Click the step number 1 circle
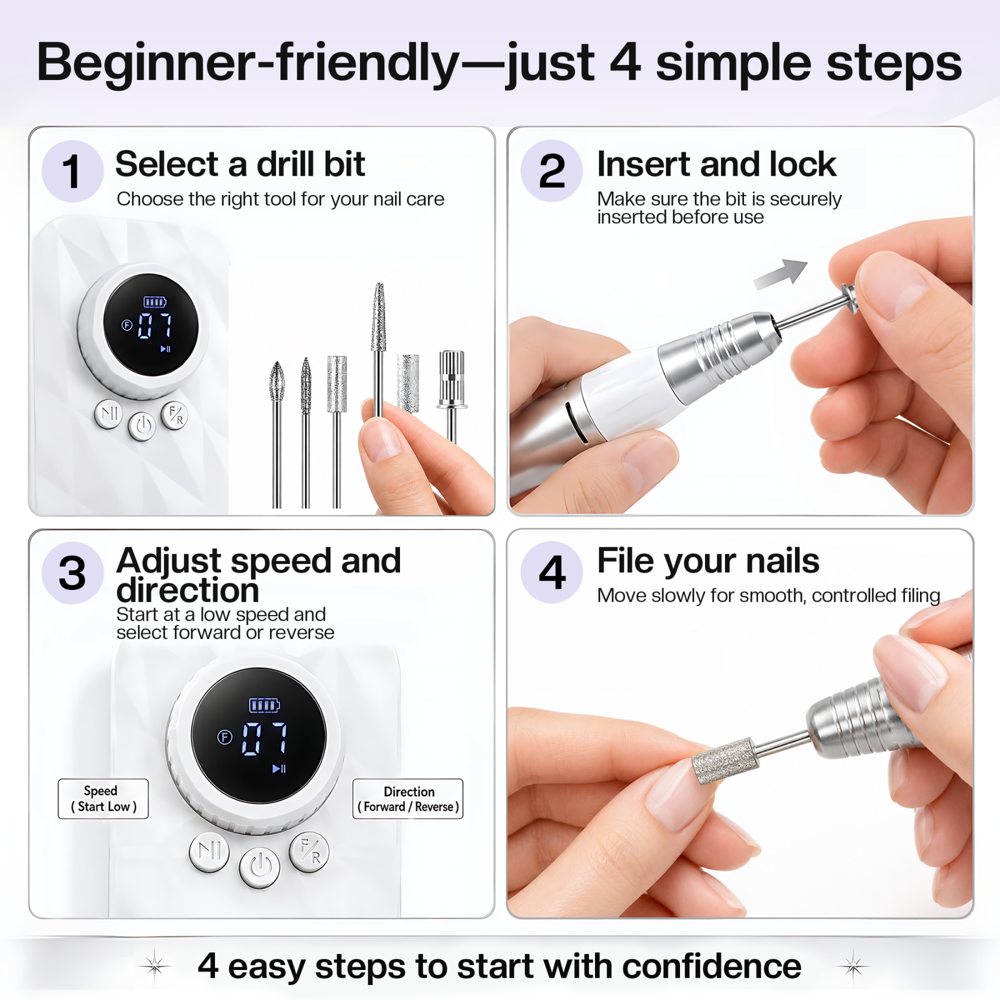tap(72, 171)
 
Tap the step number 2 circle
tap(551, 171)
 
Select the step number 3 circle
tap(72, 573)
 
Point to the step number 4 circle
tap(551, 572)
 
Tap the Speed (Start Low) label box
tap(103, 799)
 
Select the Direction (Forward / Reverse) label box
tap(408, 799)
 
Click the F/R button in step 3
tap(309, 852)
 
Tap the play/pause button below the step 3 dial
tap(209, 852)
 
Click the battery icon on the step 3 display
tap(264, 705)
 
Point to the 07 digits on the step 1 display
tap(154, 326)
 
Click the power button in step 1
tap(142, 426)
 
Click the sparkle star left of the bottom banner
tap(154, 966)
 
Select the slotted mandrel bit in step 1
tap(452, 396)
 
